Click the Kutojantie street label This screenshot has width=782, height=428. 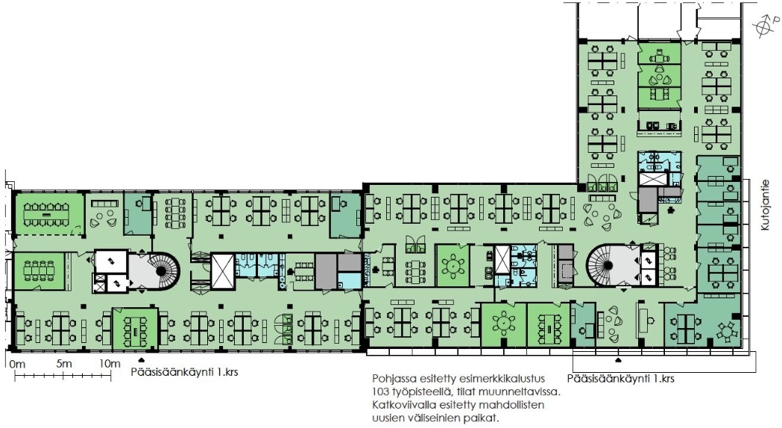[766, 205]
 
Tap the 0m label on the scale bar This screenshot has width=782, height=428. [17, 364]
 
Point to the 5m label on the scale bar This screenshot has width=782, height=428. [64, 364]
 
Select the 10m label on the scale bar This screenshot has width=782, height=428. [109, 364]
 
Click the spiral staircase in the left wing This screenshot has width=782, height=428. [161, 271]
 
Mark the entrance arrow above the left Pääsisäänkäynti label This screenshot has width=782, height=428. [142, 359]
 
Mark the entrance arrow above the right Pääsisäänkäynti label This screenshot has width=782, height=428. [619, 360]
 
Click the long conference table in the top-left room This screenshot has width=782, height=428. [48, 214]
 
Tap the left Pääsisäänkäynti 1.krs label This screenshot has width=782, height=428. [184, 372]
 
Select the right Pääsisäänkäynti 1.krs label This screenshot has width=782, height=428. [620, 378]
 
